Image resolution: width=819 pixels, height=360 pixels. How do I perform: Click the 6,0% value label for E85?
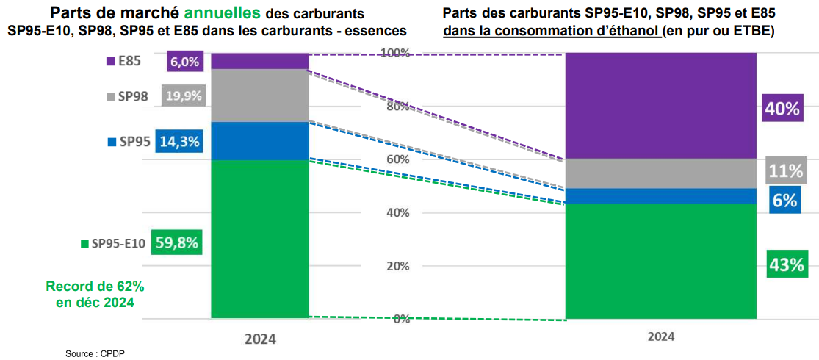[x=185, y=62]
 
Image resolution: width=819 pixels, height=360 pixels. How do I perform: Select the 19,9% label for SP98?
[x=184, y=96]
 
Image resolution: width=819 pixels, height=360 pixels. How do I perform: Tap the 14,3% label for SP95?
[x=179, y=142]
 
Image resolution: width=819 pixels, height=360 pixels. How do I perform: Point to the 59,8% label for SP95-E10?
[x=177, y=242]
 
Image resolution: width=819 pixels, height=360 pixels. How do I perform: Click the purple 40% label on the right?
[x=782, y=109]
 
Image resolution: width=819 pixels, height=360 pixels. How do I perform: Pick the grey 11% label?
[x=785, y=171]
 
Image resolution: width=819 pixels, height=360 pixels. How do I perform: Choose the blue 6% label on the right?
[x=785, y=199]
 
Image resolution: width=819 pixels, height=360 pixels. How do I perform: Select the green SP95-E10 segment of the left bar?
[x=259, y=239]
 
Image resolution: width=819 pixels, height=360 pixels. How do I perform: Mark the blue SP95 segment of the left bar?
[x=259, y=140]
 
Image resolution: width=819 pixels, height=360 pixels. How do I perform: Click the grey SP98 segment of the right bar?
[x=660, y=173]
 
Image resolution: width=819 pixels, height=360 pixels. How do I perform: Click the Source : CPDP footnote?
[x=90, y=353]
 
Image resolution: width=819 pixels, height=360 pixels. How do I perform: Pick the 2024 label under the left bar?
[x=260, y=339]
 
